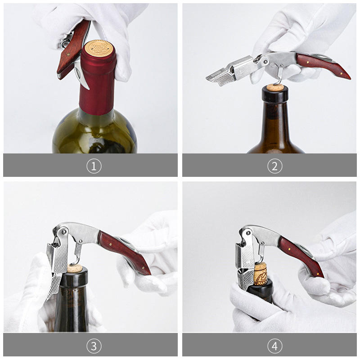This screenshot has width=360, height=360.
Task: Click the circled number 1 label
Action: [94, 166]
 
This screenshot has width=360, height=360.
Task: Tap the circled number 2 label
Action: [275, 166]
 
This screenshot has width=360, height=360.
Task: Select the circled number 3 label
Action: [94, 346]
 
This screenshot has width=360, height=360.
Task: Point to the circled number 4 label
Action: [275, 346]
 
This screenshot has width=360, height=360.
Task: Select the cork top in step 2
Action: [274, 87]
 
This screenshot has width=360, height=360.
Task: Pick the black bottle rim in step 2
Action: [275, 94]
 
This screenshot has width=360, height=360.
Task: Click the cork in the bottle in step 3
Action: [75, 268]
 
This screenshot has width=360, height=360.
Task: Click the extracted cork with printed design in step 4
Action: [261, 274]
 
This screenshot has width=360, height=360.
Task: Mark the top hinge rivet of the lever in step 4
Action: [248, 233]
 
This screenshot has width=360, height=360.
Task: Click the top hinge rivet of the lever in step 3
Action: [63, 232]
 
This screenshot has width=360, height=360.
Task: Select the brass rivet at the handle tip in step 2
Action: [342, 74]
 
